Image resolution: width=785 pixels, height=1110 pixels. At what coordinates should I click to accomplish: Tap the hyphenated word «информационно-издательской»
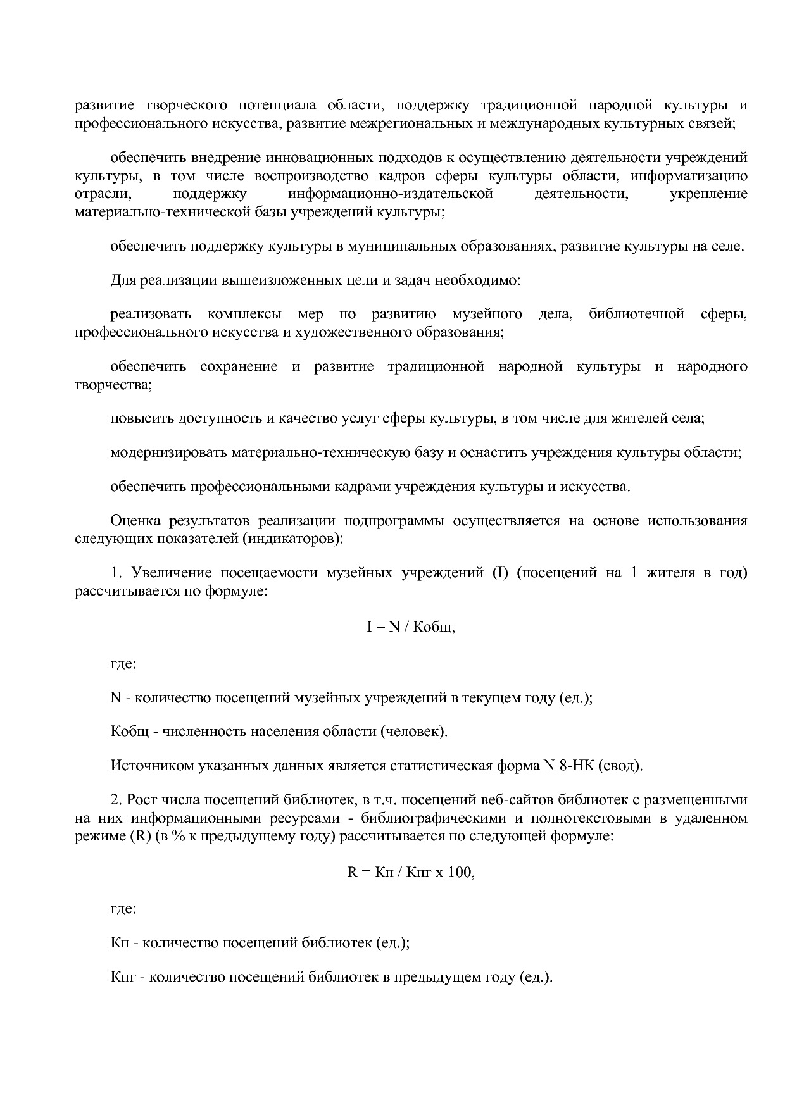[391, 193]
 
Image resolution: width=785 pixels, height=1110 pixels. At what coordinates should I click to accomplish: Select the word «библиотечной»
[636, 314]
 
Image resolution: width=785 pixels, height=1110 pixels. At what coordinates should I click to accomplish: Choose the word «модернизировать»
[168, 452]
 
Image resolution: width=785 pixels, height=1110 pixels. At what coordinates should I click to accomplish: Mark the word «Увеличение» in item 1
[171, 573]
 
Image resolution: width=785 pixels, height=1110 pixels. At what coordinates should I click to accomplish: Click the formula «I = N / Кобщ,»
[411, 627]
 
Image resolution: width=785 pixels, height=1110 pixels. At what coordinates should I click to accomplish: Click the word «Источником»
[148, 766]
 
